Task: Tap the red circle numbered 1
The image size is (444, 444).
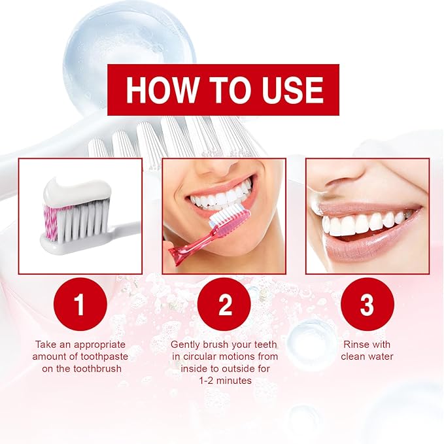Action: coord(80,304)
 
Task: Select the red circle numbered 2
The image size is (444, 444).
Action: coord(224,304)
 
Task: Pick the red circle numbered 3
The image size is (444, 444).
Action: coord(367,304)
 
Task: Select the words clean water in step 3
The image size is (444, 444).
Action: coord(367,356)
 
